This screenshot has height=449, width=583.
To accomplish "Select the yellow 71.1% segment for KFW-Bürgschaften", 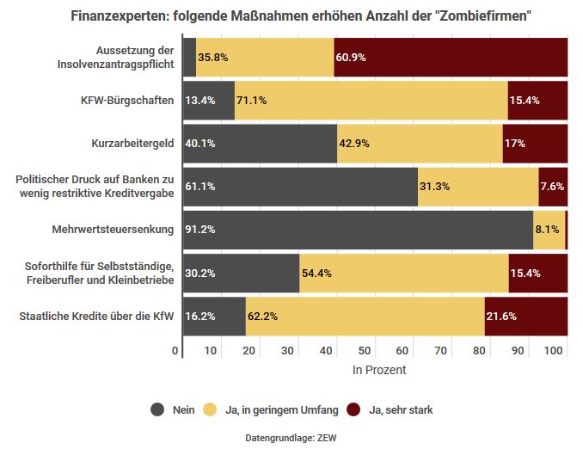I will pyautogui.click(x=371, y=101).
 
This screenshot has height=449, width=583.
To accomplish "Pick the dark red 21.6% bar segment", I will pyautogui.click(x=525, y=317).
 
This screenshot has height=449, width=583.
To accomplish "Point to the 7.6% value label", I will pyautogui.click(x=552, y=187).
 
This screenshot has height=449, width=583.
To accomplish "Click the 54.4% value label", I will pyautogui.click(x=316, y=274).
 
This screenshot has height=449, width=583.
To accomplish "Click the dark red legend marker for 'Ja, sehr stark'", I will pyautogui.click(x=353, y=410).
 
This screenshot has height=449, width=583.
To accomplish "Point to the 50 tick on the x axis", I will pyautogui.click(x=365, y=351).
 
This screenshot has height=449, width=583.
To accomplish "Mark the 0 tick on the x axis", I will pyautogui.click(x=176, y=351).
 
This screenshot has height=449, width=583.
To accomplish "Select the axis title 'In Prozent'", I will pyautogui.click(x=379, y=371).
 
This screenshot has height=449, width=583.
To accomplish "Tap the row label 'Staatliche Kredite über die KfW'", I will pyautogui.click(x=96, y=317).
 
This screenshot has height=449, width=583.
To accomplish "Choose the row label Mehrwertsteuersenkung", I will pyautogui.click(x=114, y=230).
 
